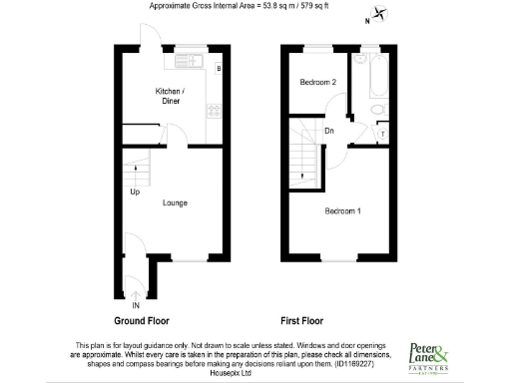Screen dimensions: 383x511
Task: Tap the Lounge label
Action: pyautogui.click(x=176, y=202)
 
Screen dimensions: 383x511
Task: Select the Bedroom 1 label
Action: pyautogui.click(x=343, y=211)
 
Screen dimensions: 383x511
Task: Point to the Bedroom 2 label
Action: pyautogui.click(x=318, y=82)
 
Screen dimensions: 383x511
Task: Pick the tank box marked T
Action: pyautogui.click(x=385, y=133)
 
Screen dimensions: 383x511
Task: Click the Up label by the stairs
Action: pyautogui.click(x=134, y=192)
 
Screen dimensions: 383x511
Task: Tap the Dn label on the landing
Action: pyautogui.click(x=328, y=130)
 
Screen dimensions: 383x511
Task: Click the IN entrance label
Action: pyautogui.click(x=135, y=305)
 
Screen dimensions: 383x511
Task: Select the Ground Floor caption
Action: pyautogui.click(x=141, y=321)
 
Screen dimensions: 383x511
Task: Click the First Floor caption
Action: pyautogui.click(x=304, y=321)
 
